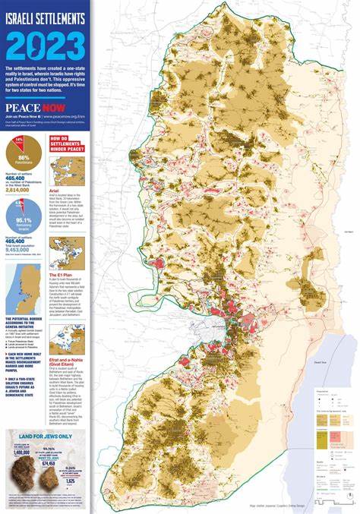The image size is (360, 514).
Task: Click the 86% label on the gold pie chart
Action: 23,157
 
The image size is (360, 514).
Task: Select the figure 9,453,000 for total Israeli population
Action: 20,249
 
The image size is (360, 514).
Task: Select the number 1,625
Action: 71,481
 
